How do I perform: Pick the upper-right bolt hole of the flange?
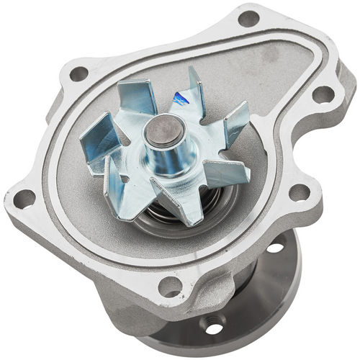pos(323,94)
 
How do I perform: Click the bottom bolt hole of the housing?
pos(170,286)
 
